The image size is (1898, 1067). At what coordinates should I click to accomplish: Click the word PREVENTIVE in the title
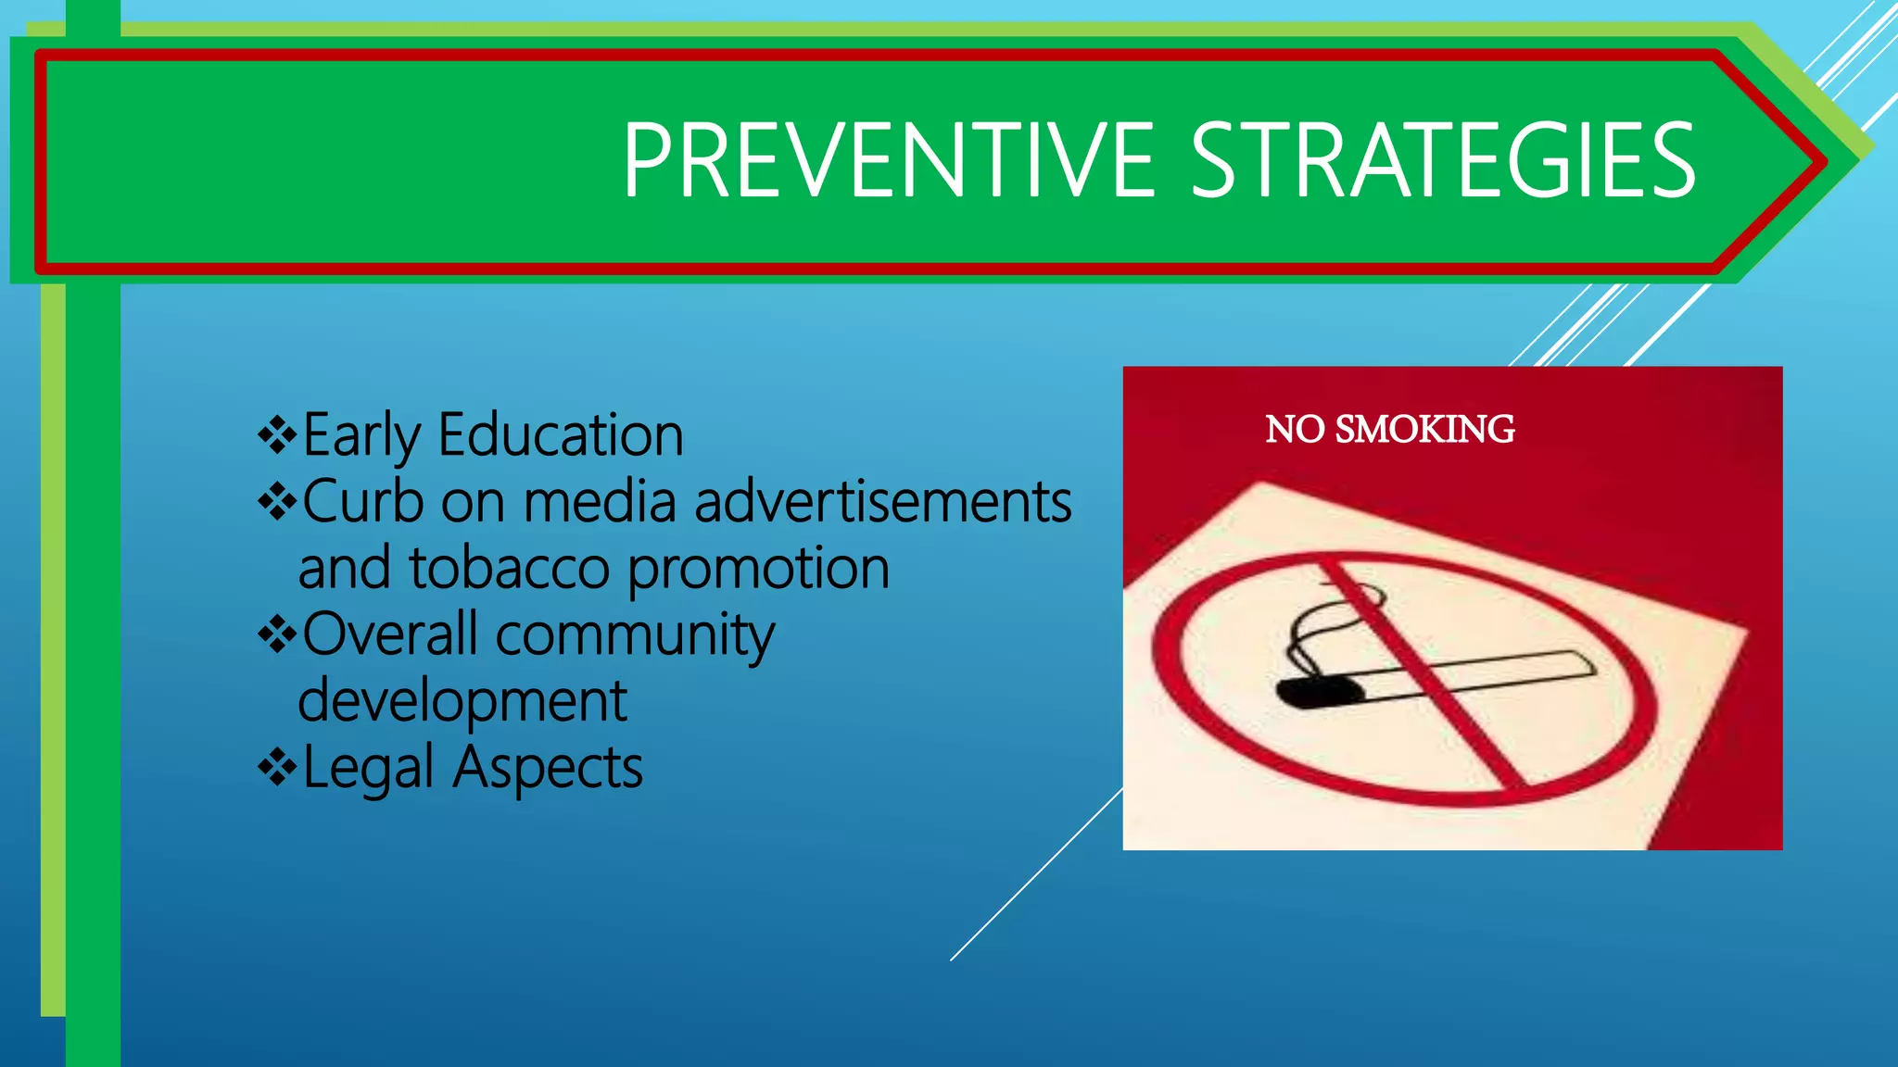[888, 162]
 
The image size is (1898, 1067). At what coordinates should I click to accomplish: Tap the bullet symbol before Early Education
[277, 434]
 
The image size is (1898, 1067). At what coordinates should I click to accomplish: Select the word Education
[561, 434]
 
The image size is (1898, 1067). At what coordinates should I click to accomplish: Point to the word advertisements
[882, 501]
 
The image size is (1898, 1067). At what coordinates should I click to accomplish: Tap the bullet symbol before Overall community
[277, 634]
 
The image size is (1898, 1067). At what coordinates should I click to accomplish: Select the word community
[635, 636]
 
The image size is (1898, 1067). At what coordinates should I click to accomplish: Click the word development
[462, 701]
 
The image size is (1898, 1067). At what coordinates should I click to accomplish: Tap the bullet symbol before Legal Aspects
[277, 767]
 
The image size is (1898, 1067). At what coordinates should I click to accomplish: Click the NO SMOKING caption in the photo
[1389, 430]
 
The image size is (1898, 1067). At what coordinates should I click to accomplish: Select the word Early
[361, 436]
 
